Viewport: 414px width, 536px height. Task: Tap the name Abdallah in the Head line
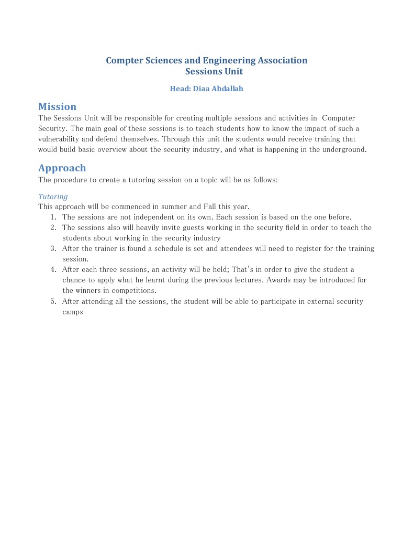click(227, 89)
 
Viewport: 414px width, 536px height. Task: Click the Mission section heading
click(57, 107)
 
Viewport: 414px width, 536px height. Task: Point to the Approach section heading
click(62, 168)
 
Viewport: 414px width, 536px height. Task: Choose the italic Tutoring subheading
click(53, 196)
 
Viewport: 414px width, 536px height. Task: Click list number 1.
click(53, 217)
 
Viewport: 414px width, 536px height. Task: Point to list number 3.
click(53, 248)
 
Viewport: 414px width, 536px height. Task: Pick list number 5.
click(53, 301)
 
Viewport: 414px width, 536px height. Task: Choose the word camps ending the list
click(73, 312)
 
